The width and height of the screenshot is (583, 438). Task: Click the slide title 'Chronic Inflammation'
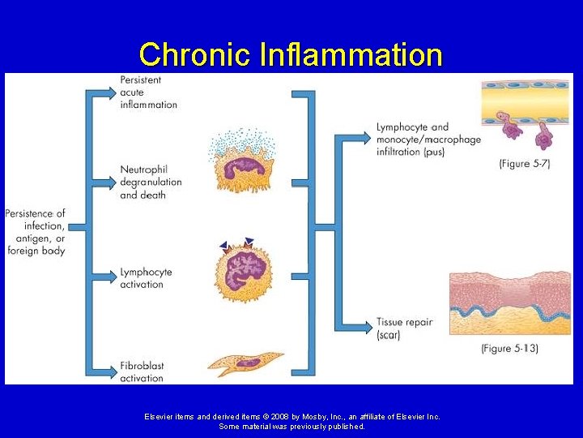pyautogui.click(x=291, y=54)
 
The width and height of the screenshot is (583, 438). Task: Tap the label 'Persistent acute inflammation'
pyautogui.click(x=148, y=92)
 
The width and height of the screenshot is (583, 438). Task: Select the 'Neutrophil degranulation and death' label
pyautogui.click(x=151, y=182)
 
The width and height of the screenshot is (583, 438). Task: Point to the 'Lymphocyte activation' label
pyautogui.click(x=146, y=278)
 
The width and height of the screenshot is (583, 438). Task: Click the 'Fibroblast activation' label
pyautogui.click(x=142, y=372)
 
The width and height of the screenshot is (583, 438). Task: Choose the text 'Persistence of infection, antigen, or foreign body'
pyautogui.click(x=35, y=232)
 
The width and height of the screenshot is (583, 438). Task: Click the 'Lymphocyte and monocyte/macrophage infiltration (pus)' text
pyautogui.click(x=428, y=139)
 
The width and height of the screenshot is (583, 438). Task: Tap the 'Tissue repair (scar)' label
pyautogui.click(x=404, y=328)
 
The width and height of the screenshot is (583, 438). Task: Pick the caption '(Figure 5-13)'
pyautogui.click(x=509, y=348)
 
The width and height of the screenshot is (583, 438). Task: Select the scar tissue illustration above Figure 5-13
pyautogui.click(x=510, y=305)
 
